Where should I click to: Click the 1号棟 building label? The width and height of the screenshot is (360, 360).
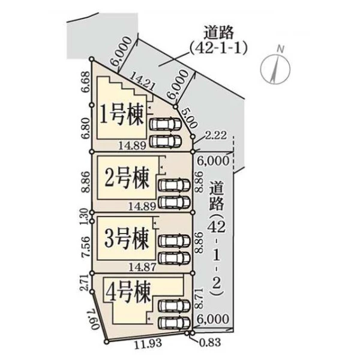[122, 115]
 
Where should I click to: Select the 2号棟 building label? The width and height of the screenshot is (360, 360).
[127, 178]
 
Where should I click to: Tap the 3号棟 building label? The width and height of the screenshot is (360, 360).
[127, 239]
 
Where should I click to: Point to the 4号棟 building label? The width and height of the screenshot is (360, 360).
[128, 292]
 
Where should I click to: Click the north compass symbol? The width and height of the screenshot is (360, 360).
[276, 67]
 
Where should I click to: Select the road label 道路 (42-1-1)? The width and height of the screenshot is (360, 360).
[219, 41]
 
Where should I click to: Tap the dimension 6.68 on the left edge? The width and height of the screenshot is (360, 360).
[86, 82]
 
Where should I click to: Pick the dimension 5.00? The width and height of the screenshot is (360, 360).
[190, 118]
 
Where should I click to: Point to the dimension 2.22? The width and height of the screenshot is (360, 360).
[215, 135]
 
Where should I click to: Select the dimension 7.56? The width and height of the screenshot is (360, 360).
[85, 247]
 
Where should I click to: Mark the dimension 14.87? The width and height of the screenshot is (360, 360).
[142, 267]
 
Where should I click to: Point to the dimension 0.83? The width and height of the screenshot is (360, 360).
[210, 343]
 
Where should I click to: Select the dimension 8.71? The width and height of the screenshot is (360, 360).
[199, 298]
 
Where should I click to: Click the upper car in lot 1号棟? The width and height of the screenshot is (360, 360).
[166, 124]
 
